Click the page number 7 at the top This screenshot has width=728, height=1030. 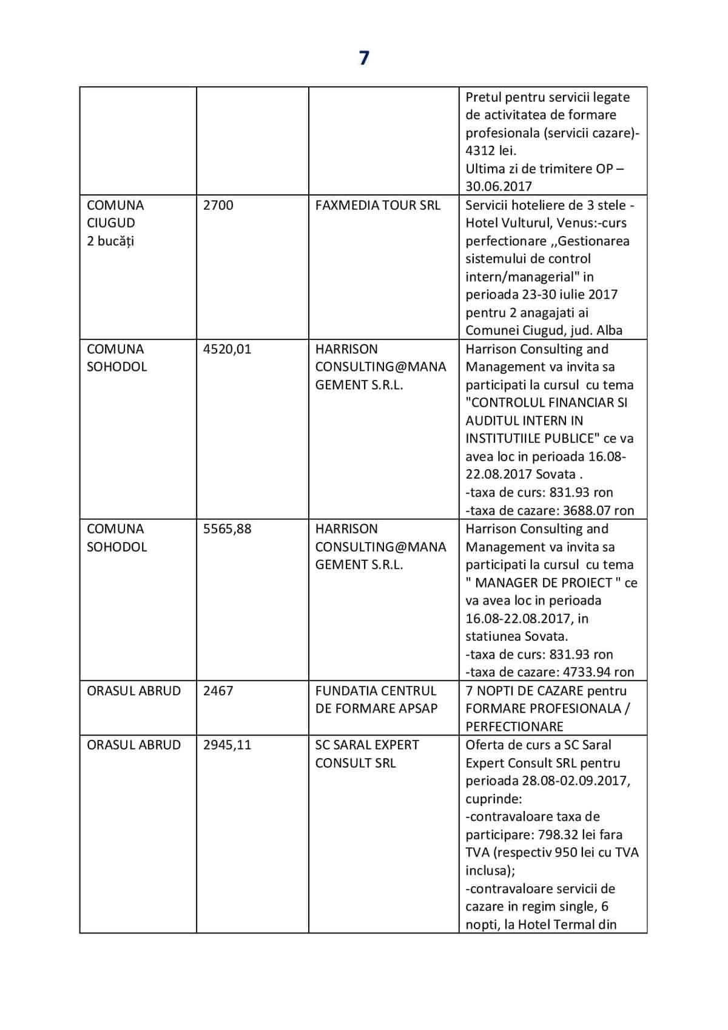click(x=364, y=58)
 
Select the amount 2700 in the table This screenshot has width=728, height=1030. click(x=218, y=205)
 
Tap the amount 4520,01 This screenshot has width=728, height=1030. click(x=227, y=349)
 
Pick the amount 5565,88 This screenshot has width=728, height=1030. click(x=227, y=529)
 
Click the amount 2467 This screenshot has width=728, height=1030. click(x=218, y=691)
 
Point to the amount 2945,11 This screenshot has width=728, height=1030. click(x=227, y=745)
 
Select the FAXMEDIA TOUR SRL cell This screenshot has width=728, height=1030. click(x=377, y=205)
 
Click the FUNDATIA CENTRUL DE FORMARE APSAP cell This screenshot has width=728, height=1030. click(x=376, y=699)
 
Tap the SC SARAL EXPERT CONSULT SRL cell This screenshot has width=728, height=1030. click(x=367, y=754)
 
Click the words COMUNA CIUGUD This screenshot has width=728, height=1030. click(x=115, y=214)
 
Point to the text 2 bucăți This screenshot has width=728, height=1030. click(x=110, y=241)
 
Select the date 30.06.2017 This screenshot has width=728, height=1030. click(x=499, y=186)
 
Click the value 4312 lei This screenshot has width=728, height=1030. click(x=490, y=151)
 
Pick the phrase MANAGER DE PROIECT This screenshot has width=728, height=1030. click(x=544, y=583)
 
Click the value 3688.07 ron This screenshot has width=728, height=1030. click(x=588, y=510)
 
